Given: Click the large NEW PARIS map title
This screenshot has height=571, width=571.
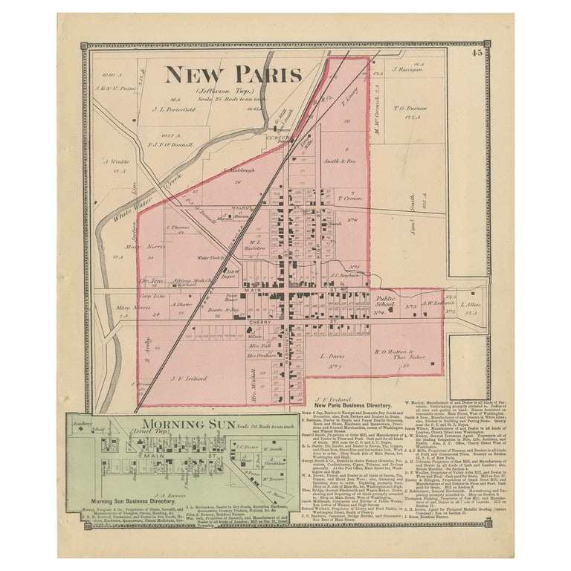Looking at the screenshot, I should [233, 74].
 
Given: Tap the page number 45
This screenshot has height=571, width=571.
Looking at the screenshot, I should [476, 52].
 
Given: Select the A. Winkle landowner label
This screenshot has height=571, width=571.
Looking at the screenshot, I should [117, 161].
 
